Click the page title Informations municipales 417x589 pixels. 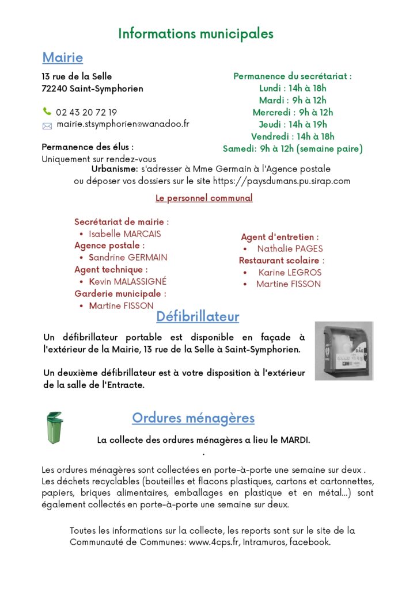pos(196,34)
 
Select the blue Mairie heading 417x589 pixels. pos(62,58)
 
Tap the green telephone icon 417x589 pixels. pos(47,112)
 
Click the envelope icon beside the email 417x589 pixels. pos(47,125)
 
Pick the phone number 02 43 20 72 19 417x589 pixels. pos(86,112)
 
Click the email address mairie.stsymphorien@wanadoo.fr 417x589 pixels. pos(123,124)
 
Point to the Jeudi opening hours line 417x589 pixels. pos(293,124)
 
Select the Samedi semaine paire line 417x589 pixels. pos(293,149)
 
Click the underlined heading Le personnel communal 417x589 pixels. pos(204,198)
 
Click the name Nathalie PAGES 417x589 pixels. pos(290,248)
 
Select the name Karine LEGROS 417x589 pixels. pos(290,272)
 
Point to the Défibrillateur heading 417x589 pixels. pos(198,316)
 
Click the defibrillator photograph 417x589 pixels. pos(344,350)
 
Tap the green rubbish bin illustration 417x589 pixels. pos(54,427)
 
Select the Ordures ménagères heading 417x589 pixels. pos(193,418)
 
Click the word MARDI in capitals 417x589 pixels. pos(294,440)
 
